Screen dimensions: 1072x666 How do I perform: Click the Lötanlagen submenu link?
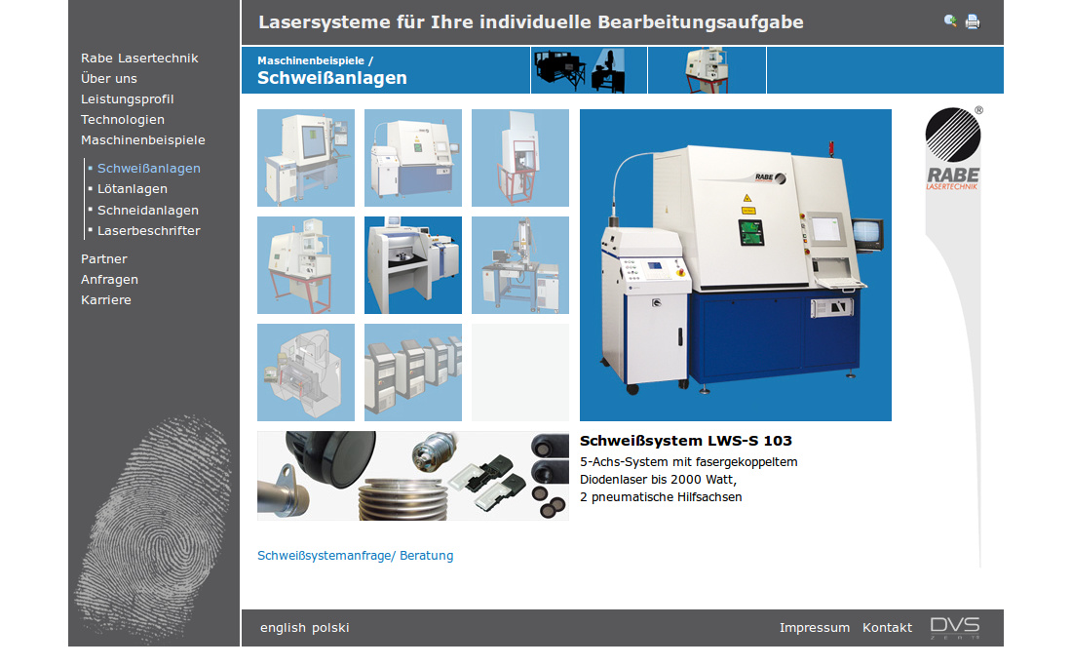click(132, 189)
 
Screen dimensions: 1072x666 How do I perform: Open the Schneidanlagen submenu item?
click(148, 210)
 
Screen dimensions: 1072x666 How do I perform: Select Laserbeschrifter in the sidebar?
click(148, 230)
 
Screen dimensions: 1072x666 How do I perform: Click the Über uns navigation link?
click(109, 78)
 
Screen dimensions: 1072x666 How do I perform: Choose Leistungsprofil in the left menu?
click(127, 98)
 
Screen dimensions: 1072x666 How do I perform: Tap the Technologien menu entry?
click(123, 120)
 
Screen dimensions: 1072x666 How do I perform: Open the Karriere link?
click(106, 299)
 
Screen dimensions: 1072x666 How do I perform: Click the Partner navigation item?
click(104, 258)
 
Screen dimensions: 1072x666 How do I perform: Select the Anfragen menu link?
click(109, 279)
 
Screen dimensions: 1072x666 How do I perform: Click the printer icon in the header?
click(973, 21)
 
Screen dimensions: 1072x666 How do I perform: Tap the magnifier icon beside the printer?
click(950, 21)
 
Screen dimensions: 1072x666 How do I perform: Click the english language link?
click(283, 628)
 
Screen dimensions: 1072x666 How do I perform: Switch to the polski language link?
click(331, 628)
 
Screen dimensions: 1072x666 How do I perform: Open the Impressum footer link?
click(815, 628)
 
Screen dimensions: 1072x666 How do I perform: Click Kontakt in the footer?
click(887, 628)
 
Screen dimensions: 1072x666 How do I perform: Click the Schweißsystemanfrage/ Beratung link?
click(355, 555)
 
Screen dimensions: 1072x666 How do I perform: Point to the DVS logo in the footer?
click(955, 628)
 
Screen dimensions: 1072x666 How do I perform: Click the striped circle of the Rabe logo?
click(953, 135)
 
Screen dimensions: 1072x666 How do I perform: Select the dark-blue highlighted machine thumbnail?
click(413, 265)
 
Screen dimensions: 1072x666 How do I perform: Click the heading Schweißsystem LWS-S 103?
click(686, 441)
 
